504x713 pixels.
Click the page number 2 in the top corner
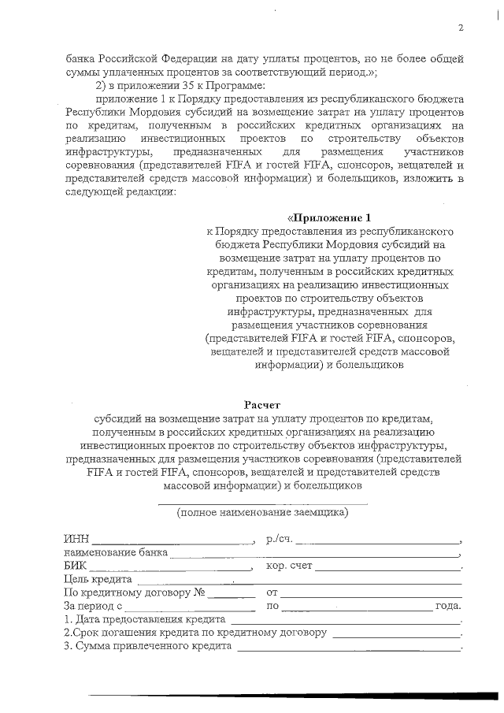(x=461, y=28)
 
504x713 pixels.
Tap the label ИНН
(x=76, y=540)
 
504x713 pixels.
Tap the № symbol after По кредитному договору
(x=200, y=592)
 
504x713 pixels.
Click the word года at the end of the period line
(x=447, y=606)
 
